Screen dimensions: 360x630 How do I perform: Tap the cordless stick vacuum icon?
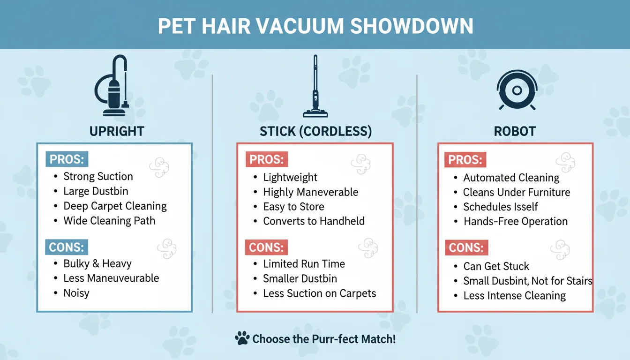[315, 86]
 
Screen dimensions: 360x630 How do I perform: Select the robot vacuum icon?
[516, 90]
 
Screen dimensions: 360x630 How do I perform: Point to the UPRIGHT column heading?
[117, 131]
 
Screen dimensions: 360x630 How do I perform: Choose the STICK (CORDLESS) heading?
[315, 132]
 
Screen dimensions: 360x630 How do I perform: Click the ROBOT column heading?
[515, 132]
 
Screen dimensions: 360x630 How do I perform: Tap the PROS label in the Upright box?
[67, 159]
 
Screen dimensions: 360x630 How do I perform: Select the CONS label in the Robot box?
[465, 248]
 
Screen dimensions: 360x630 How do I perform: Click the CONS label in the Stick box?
[266, 247]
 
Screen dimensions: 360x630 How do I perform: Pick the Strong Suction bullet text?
[98, 177]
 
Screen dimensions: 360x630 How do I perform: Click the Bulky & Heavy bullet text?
[97, 264]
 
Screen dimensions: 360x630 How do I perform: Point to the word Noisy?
[76, 293]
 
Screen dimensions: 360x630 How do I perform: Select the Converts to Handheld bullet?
[314, 221]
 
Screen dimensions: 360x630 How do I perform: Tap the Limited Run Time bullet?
[304, 264]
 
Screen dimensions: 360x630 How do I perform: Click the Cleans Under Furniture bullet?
[517, 192]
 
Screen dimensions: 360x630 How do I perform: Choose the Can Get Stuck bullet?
[496, 266]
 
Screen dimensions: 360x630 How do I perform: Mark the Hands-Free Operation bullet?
[516, 221]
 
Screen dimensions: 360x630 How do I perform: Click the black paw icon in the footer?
[242, 338]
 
